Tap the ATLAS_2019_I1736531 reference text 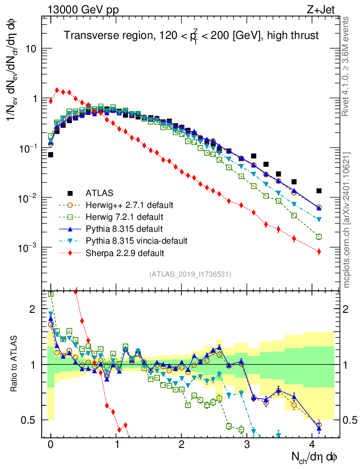(x=190, y=274)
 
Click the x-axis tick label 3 (x=247, y=445)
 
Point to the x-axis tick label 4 (x=312, y=445)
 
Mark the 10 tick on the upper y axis (x=31, y=49)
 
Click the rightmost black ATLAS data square (x=319, y=191)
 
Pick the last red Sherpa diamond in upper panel (x=319, y=251)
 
